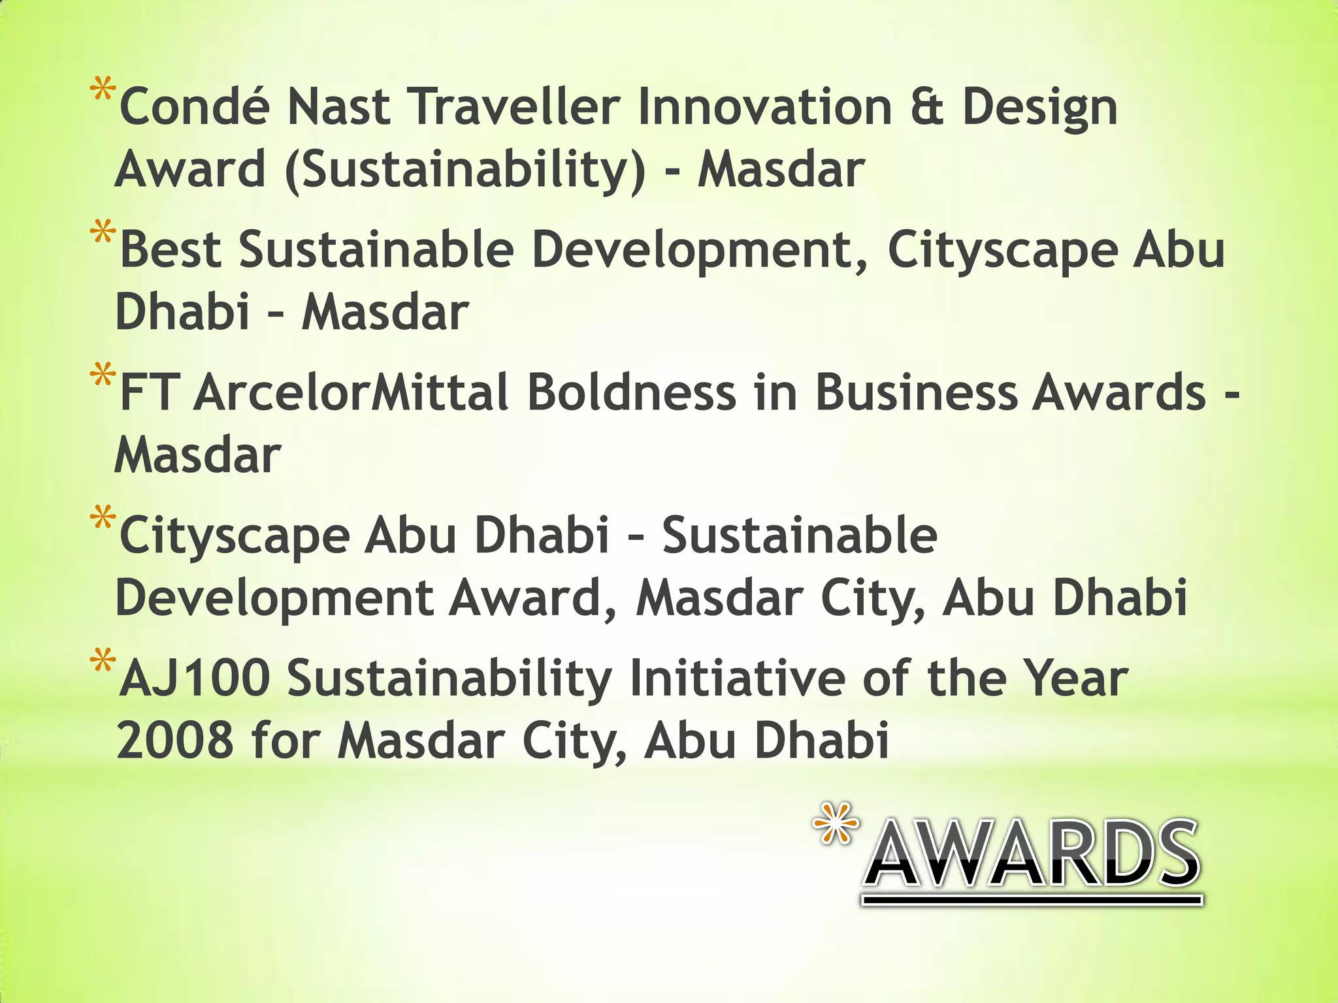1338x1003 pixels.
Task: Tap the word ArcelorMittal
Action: tap(351, 393)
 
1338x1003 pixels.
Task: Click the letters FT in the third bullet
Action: tap(149, 393)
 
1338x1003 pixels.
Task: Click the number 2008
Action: tap(175, 741)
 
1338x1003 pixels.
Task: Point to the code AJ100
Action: tap(195, 679)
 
